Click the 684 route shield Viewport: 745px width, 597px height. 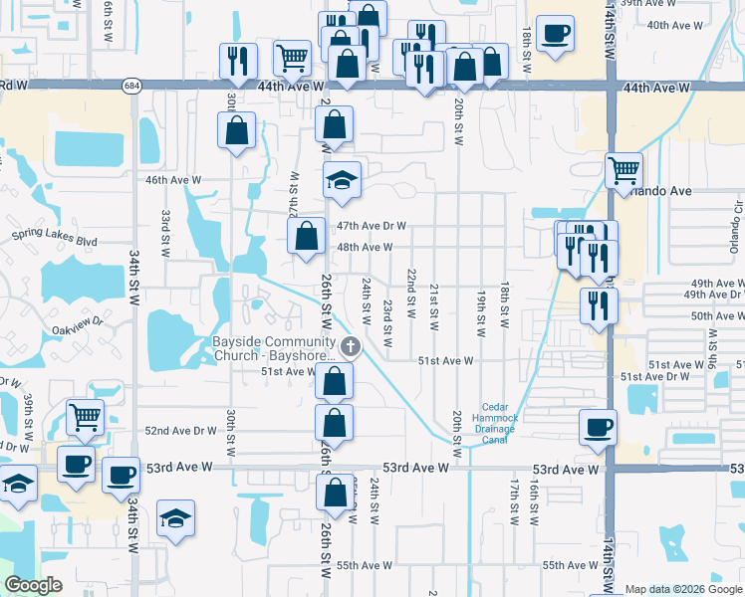131,87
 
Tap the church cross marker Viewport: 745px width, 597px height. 350,347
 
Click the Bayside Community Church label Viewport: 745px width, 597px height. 275,348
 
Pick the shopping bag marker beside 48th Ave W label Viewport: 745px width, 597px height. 306,236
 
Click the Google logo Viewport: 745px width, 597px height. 33,586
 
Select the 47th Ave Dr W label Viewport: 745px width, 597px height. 371,226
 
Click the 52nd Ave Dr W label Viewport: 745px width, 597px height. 180,431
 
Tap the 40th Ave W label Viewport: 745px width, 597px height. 668,24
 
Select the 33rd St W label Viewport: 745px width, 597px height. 166,229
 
